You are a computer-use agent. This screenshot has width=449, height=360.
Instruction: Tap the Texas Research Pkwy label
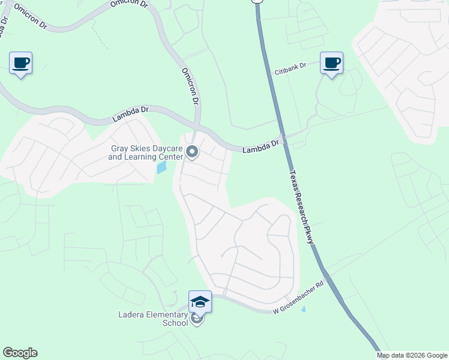click(x=302, y=205)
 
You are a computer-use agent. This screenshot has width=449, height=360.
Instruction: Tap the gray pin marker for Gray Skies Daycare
click(x=192, y=152)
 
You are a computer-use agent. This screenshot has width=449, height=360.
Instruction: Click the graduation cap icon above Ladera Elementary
click(x=200, y=301)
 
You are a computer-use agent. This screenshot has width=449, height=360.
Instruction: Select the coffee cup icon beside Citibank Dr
click(x=331, y=62)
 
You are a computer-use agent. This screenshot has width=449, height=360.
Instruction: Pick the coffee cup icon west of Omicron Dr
click(x=21, y=62)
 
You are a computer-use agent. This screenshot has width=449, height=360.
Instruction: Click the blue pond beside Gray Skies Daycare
click(x=161, y=167)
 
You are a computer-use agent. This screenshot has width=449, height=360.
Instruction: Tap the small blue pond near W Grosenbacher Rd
click(x=303, y=310)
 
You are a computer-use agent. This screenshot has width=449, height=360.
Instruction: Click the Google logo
click(x=20, y=353)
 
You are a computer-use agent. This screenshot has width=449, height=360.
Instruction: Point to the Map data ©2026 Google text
click(x=412, y=355)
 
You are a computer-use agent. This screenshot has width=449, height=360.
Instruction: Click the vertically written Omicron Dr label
click(x=190, y=86)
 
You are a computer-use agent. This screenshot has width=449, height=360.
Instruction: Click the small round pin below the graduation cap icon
click(x=197, y=320)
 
